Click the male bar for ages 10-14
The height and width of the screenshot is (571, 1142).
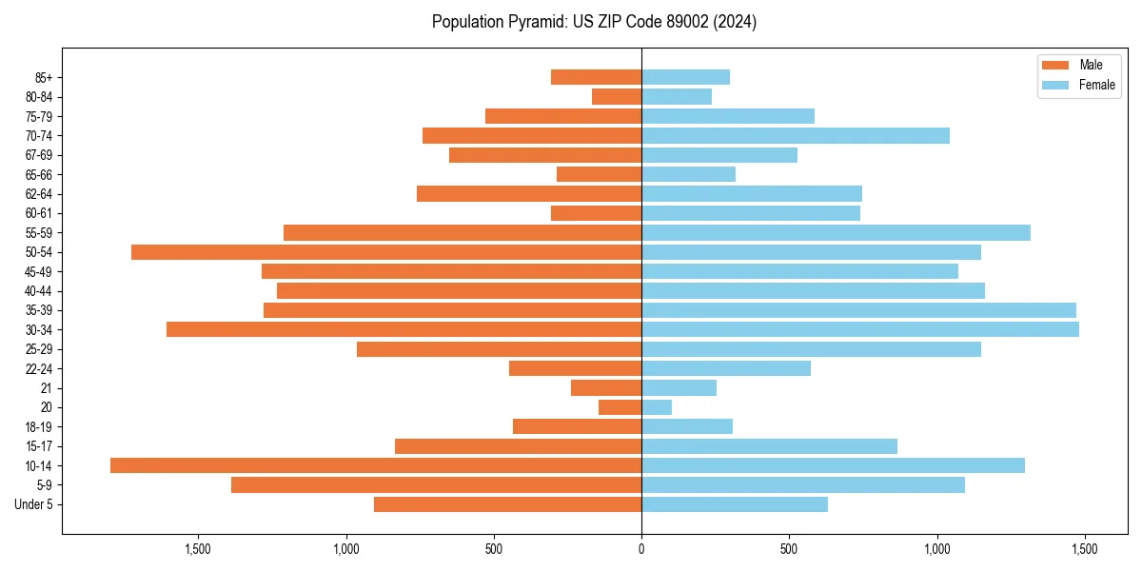[376, 465]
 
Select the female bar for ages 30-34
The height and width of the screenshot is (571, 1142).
[860, 329]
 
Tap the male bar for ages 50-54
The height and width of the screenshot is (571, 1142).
[386, 252]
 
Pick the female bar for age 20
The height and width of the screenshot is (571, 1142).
[657, 407]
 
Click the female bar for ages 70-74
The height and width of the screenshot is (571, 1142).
[796, 135]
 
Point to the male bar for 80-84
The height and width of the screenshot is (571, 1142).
[617, 96]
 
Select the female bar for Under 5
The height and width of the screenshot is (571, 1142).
[735, 504]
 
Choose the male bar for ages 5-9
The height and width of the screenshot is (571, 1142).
[436, 484]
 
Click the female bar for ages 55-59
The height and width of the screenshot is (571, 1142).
[836, 232]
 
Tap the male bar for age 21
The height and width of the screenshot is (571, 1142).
[606, 387]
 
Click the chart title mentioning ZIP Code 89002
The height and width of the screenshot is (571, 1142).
[594, 22]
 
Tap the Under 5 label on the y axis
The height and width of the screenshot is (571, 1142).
[33, 504]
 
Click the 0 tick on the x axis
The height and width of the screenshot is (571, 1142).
[641, 549]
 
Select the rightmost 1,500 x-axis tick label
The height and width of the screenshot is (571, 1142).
[1085, 549]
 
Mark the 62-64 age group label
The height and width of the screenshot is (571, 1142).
[39, 194]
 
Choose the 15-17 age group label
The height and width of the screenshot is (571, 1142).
[39, 446]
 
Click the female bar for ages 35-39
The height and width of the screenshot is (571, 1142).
[858, 310]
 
